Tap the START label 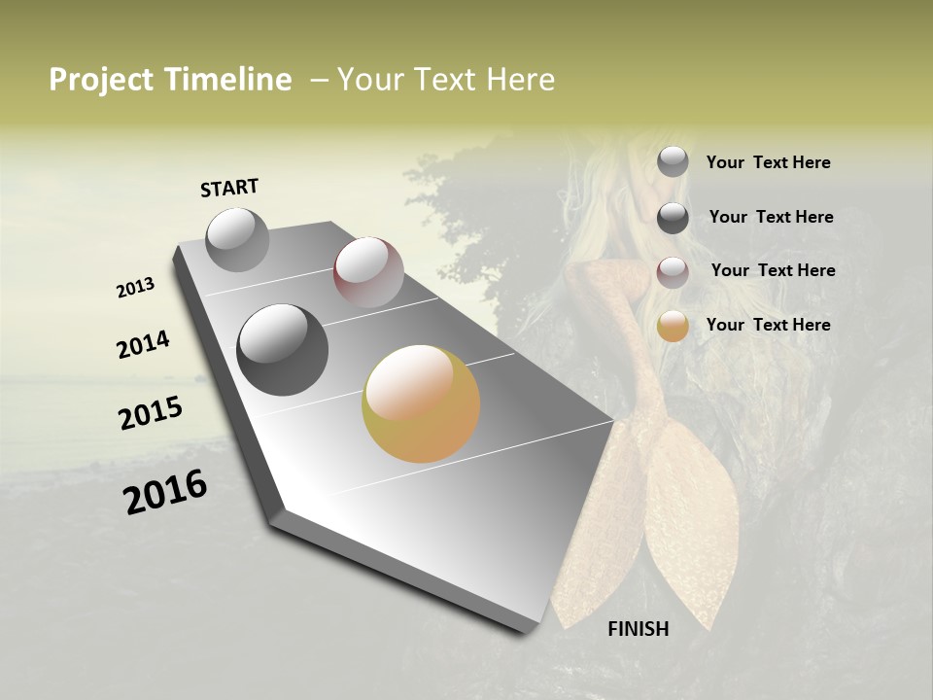[229, 188]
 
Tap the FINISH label [638, 629]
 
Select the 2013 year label [135, 288]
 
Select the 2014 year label [143, 344]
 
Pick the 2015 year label [151, 412]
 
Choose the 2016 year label [165, 491]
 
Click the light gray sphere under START [237, 239]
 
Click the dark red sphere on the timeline [368, 272]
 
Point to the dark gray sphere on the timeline [282, 349]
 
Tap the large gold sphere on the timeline [421, 402]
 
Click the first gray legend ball [673, 162]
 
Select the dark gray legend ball [673, 218]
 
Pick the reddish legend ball [673, 272]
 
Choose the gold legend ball [673, 327]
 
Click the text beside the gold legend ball [768, 325]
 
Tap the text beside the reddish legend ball [773, 270]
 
